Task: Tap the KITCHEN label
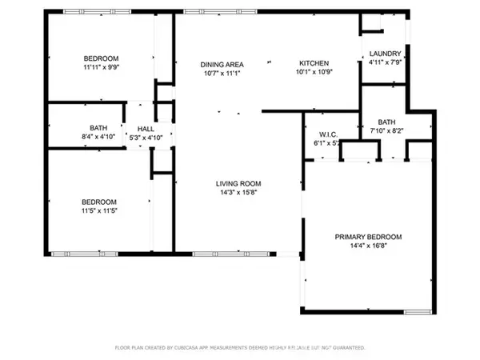(x=314, y=64)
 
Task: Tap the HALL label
(x=146, y=128)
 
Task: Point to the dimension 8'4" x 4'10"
(x=98, y=137)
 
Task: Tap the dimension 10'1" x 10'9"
(x=314, y=73)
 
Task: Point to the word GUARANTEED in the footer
(x=348, y=348)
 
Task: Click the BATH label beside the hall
(x=98, y=128)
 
